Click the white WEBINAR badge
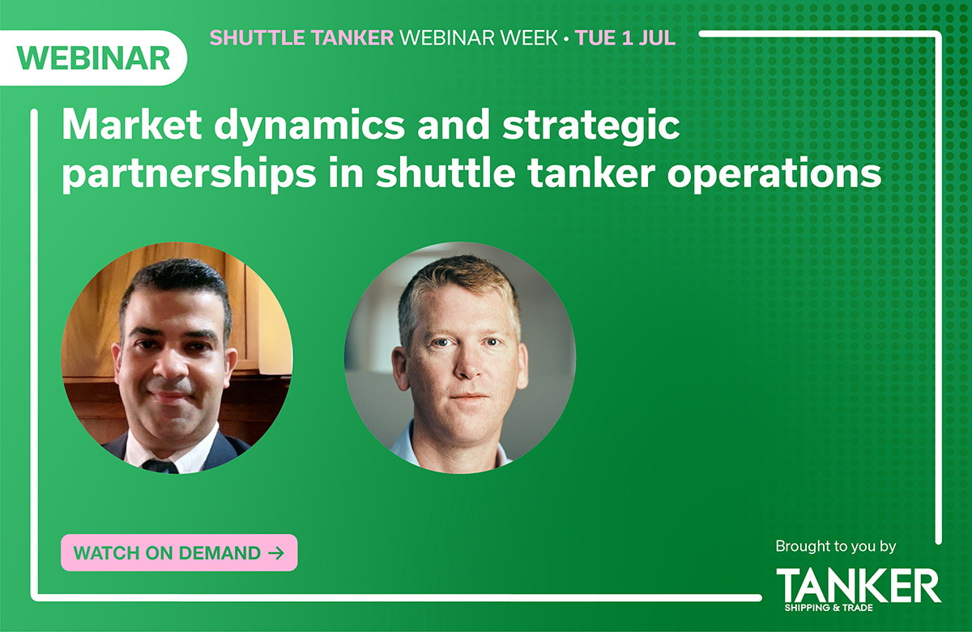click(x=93, y=58)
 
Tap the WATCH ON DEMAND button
click(x=179, y=553)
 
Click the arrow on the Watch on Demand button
click(x=276, y=553)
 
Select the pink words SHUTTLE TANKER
click(x=301, y=38)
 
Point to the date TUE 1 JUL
click(x=625, y=38)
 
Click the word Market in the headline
click(x=132, y=125)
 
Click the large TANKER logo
click(x=859, y=585)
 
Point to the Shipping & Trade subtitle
click(x=829, y=608)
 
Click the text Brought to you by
click(x=836, y=547)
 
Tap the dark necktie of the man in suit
click(x=160, y=467)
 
